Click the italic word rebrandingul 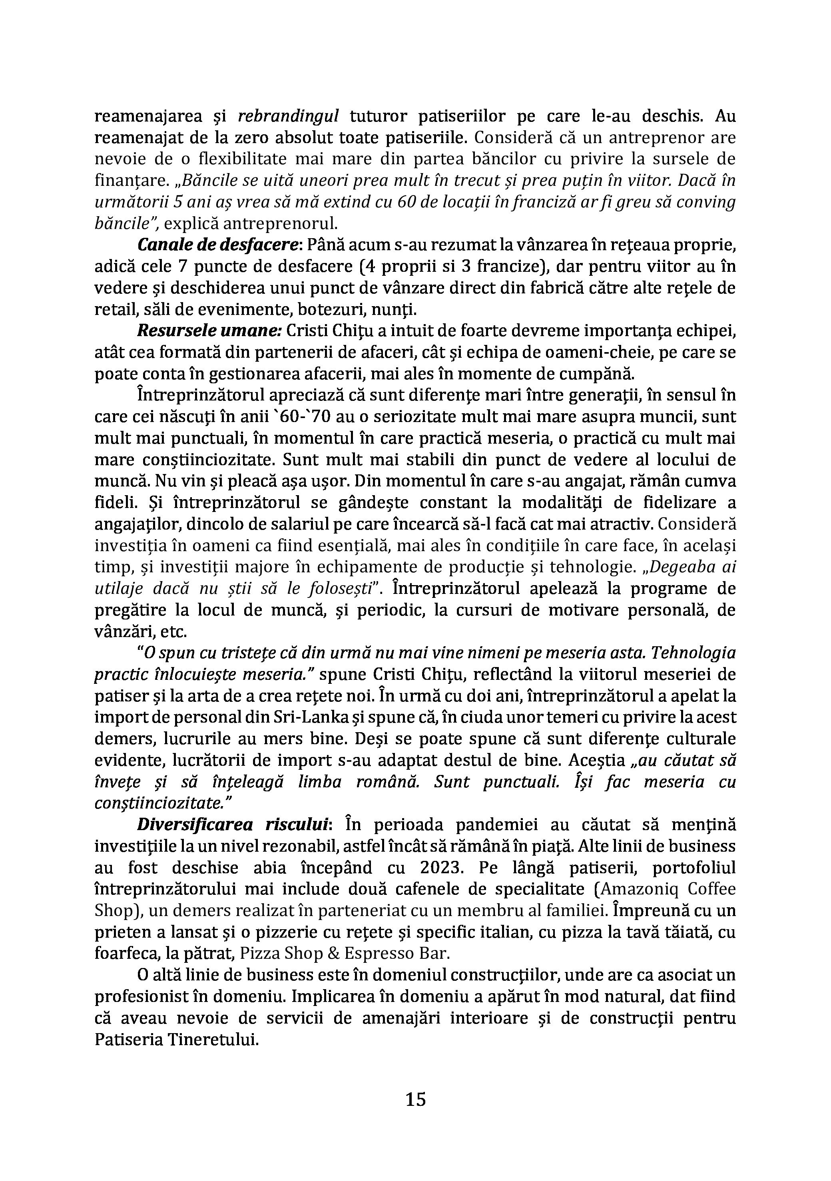[x=288, y=117]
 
